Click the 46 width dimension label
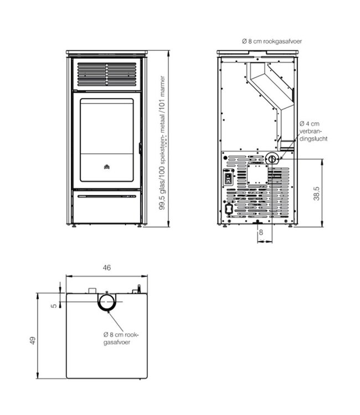click(x=106, y=268)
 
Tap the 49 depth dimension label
click(x=32, y=340)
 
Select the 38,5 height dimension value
click(x=316, y=194)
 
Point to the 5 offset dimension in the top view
click(x=54, y=305)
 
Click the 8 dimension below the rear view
click(x=261, y=232)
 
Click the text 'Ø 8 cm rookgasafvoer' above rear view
click(x=272, y=41)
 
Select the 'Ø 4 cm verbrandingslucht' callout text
click(x=313, y=131)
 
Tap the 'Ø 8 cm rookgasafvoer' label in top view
click(x=121, y=338)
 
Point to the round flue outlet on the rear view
click(x=271, y=159)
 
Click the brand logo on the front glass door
click(x=107, y=167)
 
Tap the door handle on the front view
click(x=140, y=148)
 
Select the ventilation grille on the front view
click(x=107, y=74)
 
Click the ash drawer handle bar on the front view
click(x=107, y=196)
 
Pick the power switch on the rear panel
click(x=228, y=179)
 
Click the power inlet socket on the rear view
click(x=229, y=209)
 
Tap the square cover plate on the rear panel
click(x=258, y=174)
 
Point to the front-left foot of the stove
click(x=74, y=226)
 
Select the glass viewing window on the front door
click(x=107, y=140)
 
